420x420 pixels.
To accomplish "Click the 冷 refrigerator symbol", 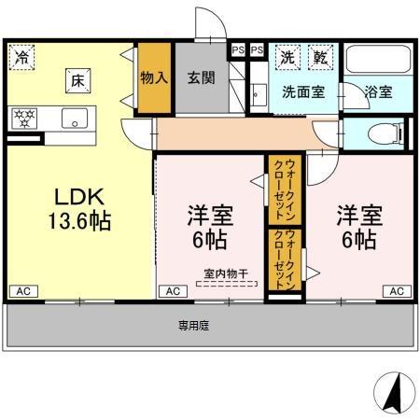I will click(21, 56).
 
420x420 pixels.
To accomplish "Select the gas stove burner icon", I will click(24, 119).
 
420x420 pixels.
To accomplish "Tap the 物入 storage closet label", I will click(153, 77).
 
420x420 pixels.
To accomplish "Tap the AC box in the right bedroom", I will click(397, 291).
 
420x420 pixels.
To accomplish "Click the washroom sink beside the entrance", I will click(259, 96).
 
